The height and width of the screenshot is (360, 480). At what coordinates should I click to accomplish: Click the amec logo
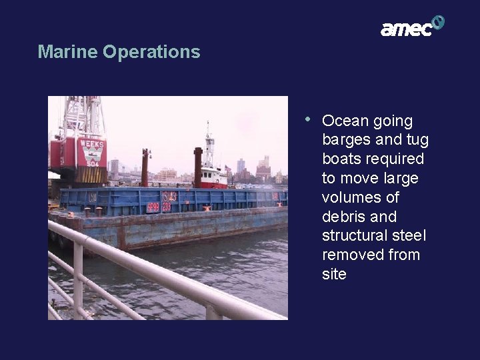pos(411,27)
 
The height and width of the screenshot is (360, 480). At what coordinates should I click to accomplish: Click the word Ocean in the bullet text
pos(345,121)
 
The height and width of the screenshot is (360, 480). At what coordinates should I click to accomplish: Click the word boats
pos(342,159)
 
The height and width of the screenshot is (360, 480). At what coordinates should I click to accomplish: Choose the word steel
pos(411,236)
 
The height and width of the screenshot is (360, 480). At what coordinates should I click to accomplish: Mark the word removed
pos(351,255)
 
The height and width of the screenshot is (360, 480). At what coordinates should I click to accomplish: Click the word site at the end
pos(334,274)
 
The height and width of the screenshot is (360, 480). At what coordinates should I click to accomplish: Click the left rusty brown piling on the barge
pos(145,169)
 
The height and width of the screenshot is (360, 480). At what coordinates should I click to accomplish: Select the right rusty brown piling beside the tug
pos(197,167)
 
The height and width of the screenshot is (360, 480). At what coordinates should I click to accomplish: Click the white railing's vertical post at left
pos(78,280)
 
